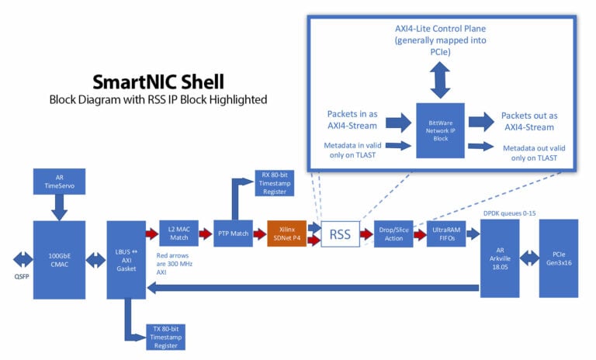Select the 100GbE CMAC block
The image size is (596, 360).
[60, 258]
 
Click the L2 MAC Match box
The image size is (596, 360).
[179, 233]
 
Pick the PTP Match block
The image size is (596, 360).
[234, 233]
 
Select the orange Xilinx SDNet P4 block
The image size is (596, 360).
[286, 233]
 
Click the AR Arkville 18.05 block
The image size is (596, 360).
[500, 258]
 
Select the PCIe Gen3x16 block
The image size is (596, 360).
[559, 258]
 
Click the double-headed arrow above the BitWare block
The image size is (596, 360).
[440, 78]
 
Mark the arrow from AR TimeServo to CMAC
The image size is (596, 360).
[60, 207]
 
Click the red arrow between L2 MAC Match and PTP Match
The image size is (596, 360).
[206, 233]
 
